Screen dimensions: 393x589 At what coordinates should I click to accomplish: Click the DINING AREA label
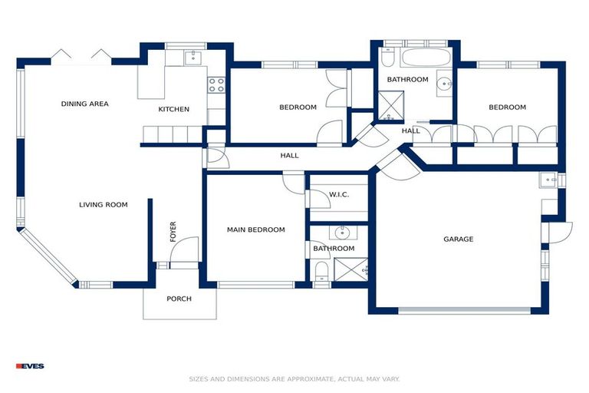[x=85, y=104]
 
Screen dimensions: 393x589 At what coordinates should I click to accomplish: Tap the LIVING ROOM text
[x=104, y=205]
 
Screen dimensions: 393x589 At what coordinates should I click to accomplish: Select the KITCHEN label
[x=174, y=110]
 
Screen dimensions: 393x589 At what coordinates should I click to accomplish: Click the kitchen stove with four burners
[x=216, y=84]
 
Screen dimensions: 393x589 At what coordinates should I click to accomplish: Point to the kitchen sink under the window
[x=192, y=58]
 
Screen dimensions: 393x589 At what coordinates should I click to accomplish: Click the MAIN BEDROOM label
[x=255, y=230]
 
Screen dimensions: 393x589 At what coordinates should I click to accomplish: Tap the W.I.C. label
[x=339, y=195]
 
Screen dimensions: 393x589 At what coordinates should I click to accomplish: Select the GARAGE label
[x=459, y=239]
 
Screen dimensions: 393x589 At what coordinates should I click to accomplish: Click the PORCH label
[x=179, y=299]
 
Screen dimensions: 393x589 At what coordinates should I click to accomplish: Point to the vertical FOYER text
[x=173, y=231]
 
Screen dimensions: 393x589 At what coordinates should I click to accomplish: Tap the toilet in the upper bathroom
[x=387, y=58]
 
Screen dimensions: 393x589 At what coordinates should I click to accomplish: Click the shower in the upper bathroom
[x=390, y=107]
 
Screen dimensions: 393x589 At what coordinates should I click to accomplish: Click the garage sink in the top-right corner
[x=550, y=180]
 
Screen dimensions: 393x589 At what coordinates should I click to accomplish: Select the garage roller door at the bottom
[x=463, y=311]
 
